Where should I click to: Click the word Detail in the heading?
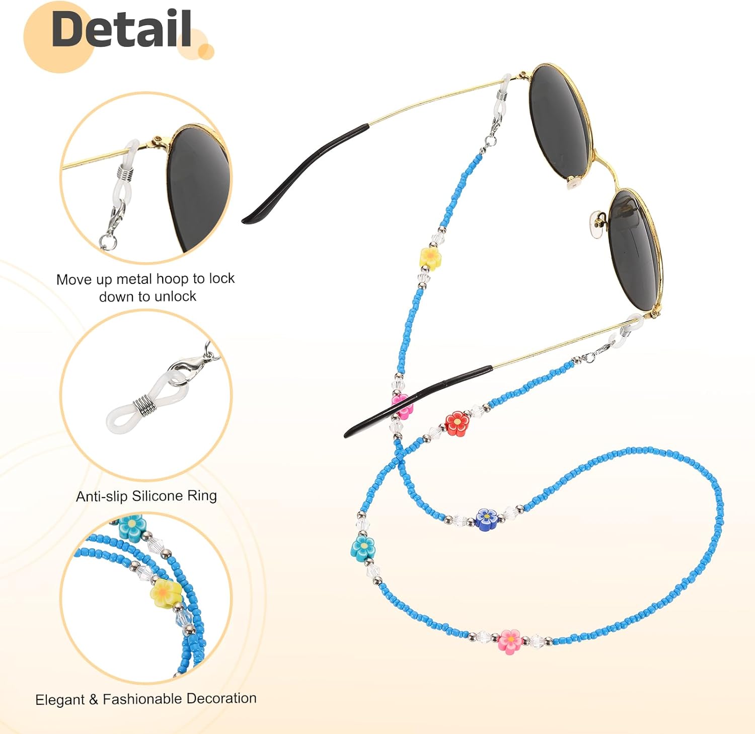121,29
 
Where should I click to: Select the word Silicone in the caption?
157,496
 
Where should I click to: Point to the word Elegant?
60,700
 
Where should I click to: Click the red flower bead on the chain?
457,422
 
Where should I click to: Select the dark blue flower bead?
486,519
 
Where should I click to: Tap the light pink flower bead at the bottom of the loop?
510,640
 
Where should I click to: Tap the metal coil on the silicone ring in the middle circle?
143,405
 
